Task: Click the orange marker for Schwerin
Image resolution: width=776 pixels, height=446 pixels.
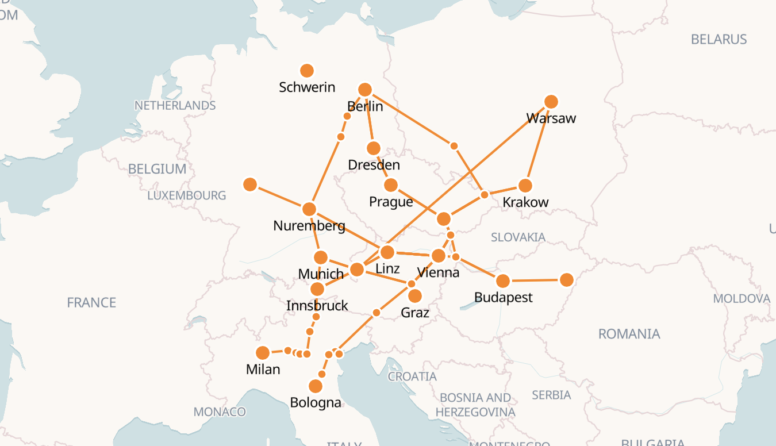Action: (x=307, y=71)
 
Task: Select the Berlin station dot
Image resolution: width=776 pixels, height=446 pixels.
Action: (x=365, y=90)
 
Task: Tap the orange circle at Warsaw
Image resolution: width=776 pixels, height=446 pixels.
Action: (x=551, y=102)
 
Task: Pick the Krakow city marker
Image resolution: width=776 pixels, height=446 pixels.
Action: (x=525, y=186)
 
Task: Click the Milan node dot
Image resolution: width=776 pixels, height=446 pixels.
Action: (x=263, y=353)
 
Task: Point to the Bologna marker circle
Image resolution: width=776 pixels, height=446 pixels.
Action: (x=316, y=386)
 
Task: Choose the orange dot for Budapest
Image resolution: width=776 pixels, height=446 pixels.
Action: (x=503, y=281)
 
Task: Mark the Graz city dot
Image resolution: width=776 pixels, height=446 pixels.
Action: (x=415, y=296)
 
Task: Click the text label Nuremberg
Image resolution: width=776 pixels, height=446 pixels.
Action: (x=309, y=226)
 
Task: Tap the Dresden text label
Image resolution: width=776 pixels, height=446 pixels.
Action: (x=374, y=165)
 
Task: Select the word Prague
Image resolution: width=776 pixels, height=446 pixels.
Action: (x=391, y=202)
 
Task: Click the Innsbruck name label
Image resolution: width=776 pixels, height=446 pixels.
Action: (x=317, y=306)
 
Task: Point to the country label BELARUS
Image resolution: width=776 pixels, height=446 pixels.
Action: (x=719, y=40)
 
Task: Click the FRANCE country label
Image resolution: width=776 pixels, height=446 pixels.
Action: (x=91, y=302)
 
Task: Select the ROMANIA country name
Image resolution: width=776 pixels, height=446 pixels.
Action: (x=629, y=334)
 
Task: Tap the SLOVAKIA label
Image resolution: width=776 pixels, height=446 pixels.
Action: (x=518, y=237)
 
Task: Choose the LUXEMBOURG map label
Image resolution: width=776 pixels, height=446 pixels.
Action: (x=186, y=195)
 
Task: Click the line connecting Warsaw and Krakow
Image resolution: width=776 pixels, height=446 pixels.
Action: (x=539, y=144)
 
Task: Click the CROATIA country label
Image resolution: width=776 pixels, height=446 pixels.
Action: (x=412, y=376)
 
